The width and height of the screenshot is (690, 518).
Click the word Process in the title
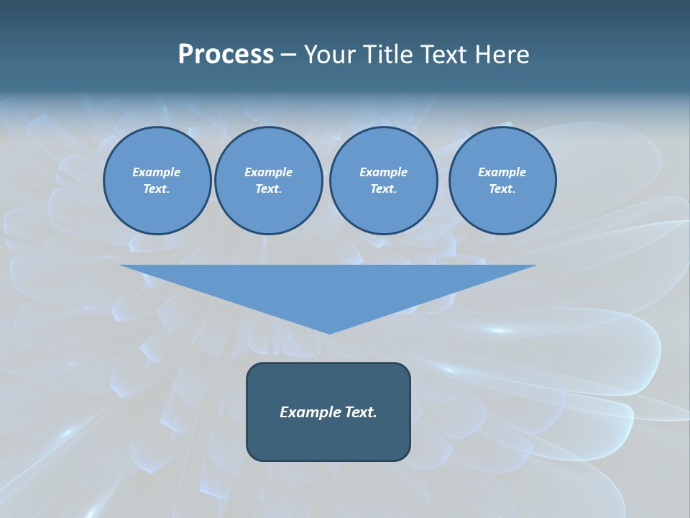226,55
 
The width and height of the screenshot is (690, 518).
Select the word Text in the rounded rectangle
361,412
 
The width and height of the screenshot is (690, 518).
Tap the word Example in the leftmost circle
157,172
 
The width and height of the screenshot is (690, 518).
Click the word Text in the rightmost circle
502,188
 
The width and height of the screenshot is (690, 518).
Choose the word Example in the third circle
383,172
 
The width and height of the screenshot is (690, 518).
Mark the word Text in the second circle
268,188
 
